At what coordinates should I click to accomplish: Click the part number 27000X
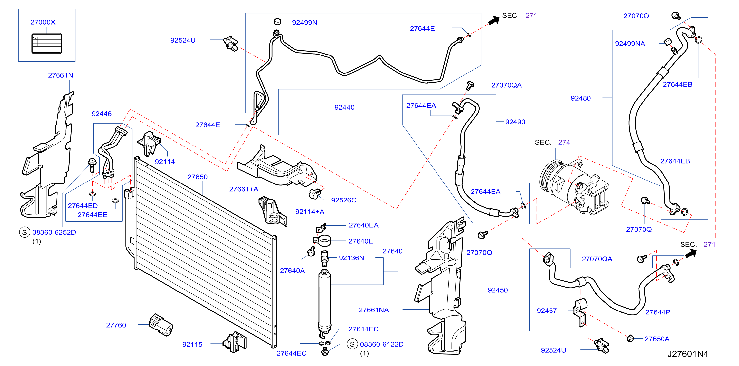43,22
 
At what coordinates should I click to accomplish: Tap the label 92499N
304,22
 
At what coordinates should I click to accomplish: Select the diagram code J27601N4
688,354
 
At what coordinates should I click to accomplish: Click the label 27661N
60,75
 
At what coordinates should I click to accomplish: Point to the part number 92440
344,107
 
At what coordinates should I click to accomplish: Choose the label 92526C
343,200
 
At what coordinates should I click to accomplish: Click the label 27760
116,325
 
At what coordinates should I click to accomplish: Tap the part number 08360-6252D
54,232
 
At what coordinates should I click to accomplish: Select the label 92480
581,98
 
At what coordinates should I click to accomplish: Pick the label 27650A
657,339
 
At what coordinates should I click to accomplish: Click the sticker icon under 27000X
46,43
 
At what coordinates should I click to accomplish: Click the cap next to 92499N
277,21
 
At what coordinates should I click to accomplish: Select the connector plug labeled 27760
161,325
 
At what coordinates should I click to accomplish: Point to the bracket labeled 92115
234,342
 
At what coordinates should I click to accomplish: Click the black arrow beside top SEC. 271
494,20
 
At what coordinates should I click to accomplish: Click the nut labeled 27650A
630,338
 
